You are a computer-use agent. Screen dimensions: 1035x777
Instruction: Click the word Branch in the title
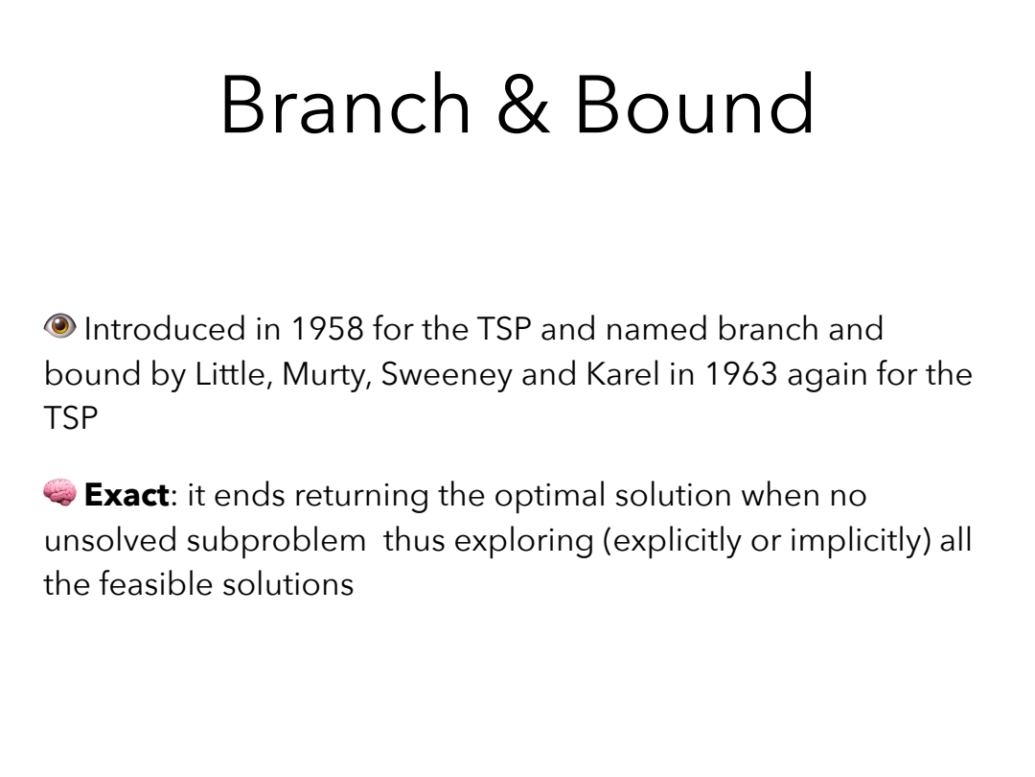(x=345, y=105)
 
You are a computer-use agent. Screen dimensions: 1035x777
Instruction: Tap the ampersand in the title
(x=523, y=105)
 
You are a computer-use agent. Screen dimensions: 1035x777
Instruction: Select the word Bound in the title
(x=695, y=105)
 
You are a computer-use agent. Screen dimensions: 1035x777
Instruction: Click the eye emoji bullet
(x=60, y=326)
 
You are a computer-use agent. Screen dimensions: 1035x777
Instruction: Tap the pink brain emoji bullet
(x=60, y=492)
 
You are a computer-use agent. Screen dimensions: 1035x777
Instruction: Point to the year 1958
(x=328, y=329)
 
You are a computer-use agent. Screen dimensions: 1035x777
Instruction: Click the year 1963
(x=741, y=374)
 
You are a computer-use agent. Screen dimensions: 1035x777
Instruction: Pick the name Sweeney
(x=447, y=375)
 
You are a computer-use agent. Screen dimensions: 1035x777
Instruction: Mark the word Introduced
(x=165, y=329)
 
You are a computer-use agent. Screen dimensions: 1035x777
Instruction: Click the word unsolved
(x=110, y=540)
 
